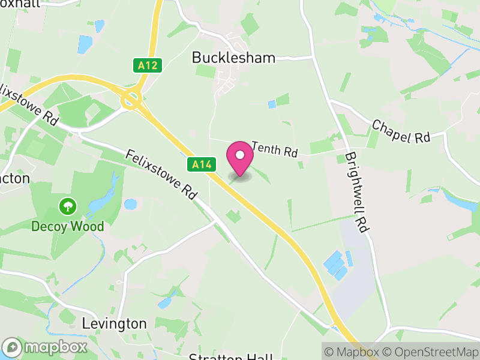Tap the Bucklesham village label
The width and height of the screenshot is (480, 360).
pos(233,58)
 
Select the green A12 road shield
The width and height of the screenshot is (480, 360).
pos(148,65)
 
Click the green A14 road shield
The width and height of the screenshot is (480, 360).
pos(201,164)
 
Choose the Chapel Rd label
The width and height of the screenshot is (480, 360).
pos(401,131)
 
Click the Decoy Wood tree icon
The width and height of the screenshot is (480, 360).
pos(68,207)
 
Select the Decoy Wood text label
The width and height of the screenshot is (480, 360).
pos(68,227)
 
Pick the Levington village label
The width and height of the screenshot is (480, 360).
pos(113,324)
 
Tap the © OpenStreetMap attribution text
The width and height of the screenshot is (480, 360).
pos(432,351)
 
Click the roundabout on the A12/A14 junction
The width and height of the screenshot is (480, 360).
pos(130,100)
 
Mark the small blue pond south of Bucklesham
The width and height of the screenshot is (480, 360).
pos(272,104)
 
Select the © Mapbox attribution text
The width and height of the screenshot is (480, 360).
pos(354,351)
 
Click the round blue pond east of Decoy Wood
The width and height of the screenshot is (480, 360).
pos(130,204)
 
